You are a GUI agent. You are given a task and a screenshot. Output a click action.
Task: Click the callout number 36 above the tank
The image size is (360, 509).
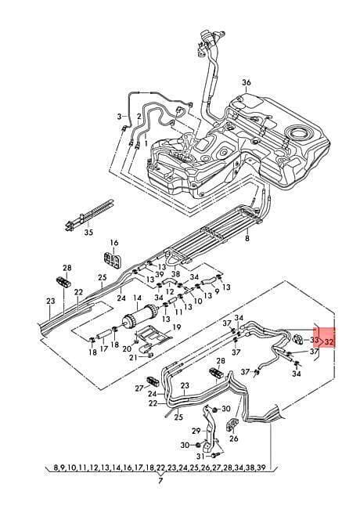point(247,82)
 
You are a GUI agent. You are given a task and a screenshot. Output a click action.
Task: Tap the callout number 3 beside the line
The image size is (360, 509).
point(119,116)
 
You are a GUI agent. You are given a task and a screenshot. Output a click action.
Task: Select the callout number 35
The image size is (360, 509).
point(88,233)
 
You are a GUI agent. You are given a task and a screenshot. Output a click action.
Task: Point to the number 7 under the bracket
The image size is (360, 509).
point(160,481)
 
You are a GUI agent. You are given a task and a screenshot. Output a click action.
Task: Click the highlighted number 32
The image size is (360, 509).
point(329,341)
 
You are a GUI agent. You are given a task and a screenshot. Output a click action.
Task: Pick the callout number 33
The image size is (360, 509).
point(314,340)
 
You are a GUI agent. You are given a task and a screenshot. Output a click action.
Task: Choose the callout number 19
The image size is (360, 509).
point(176,327)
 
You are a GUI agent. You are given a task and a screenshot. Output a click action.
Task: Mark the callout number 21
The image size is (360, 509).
point(133,357)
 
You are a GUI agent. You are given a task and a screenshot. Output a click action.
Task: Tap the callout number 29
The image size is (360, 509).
point(196,431)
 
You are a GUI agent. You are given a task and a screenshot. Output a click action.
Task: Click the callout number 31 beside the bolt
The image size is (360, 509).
point(201,457)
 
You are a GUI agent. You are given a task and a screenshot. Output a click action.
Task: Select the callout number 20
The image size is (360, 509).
point(127,348)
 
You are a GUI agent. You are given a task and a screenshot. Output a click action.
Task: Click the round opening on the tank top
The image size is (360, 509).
point(297,133)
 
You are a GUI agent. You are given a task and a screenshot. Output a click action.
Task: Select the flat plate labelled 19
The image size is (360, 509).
point(153,334)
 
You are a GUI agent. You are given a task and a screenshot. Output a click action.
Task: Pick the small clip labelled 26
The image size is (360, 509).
point(232,424)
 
